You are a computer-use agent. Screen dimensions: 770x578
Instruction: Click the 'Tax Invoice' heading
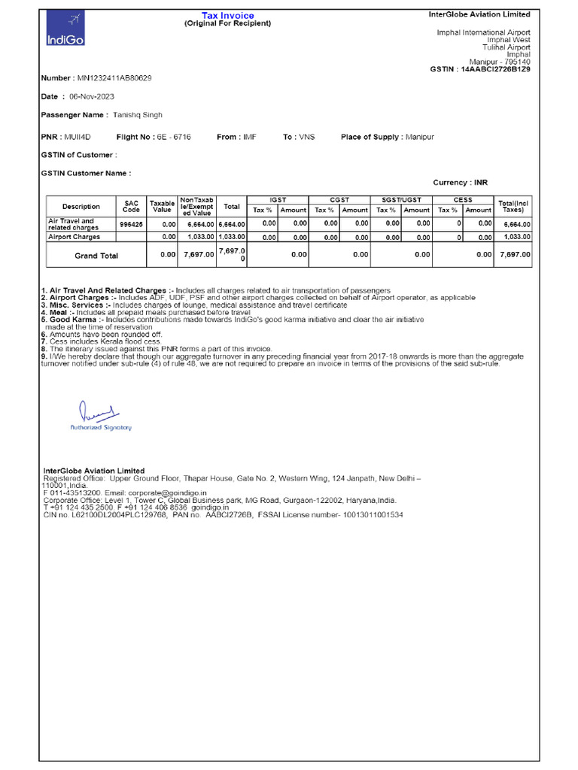(x=227, y=15)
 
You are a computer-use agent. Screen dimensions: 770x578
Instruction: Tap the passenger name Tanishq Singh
(x=137, y=115)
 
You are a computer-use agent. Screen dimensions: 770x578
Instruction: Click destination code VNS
(x=307, y=137)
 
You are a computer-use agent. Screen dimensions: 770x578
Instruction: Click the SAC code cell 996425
(x=131, y=224)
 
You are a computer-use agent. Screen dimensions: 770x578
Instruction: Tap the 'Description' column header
(x=81, y=207)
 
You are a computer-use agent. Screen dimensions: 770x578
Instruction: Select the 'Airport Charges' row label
(x=74, y=237)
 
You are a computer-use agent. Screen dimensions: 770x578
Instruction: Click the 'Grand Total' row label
(x=96, y=256)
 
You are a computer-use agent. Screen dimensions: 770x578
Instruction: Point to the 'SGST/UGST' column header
(x=402, y=200)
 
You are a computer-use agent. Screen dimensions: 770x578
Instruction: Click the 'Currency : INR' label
(x=460, y=183)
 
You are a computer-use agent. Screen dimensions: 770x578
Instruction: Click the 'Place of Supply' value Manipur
(x=420, y=137)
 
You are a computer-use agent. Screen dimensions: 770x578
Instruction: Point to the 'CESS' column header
(x=463, y=200)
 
